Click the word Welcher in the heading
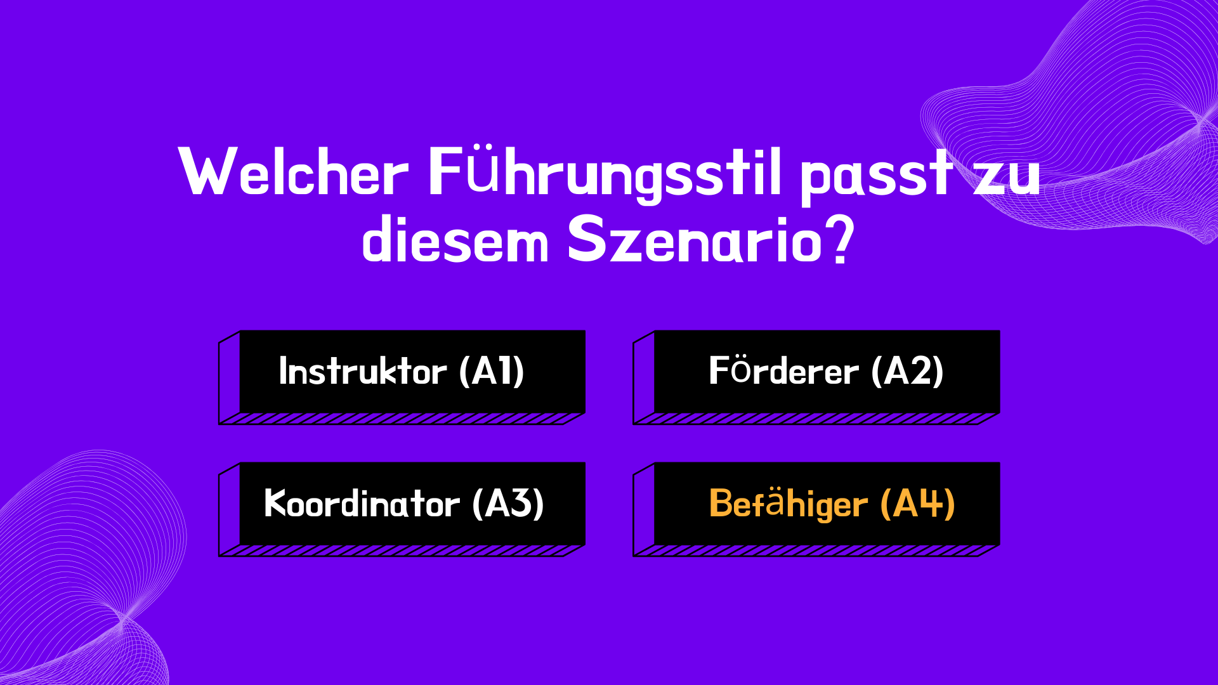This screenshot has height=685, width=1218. click(294, 171)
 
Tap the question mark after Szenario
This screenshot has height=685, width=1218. click(841, 240)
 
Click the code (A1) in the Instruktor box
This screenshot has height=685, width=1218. click(492, 372)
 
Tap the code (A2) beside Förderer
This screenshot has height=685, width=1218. click(907, 372)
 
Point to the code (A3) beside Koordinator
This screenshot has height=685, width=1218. click(508, 504)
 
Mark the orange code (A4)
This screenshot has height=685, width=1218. click(917, 504)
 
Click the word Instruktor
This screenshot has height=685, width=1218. click(363, 371)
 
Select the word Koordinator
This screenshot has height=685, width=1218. click(362, 504)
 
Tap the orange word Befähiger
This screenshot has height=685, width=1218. click(788, 504)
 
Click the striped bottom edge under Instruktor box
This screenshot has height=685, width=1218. click(402, 419)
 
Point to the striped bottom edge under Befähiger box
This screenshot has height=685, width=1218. click(816, 551)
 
